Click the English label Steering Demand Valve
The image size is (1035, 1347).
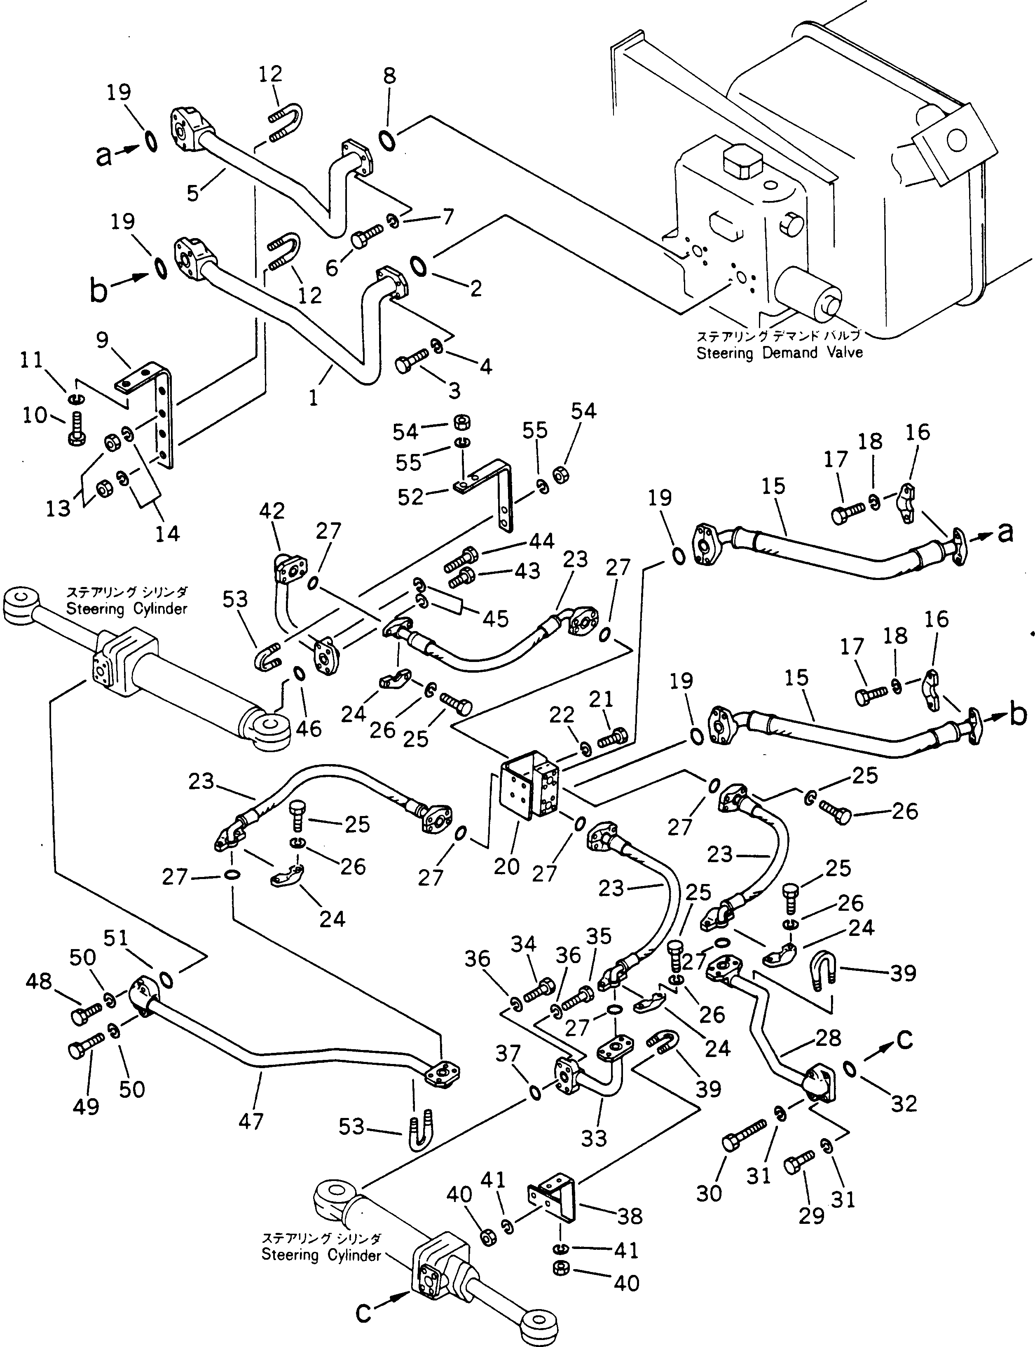tap(779, 353)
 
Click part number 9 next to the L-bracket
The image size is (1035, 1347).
tap(102, 339)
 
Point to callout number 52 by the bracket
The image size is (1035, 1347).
tap(410, 496)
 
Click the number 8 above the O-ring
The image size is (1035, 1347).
tap(389, 76)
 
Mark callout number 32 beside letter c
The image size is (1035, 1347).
tap(904, 1103)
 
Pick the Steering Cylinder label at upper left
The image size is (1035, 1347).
tap(126, 609)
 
